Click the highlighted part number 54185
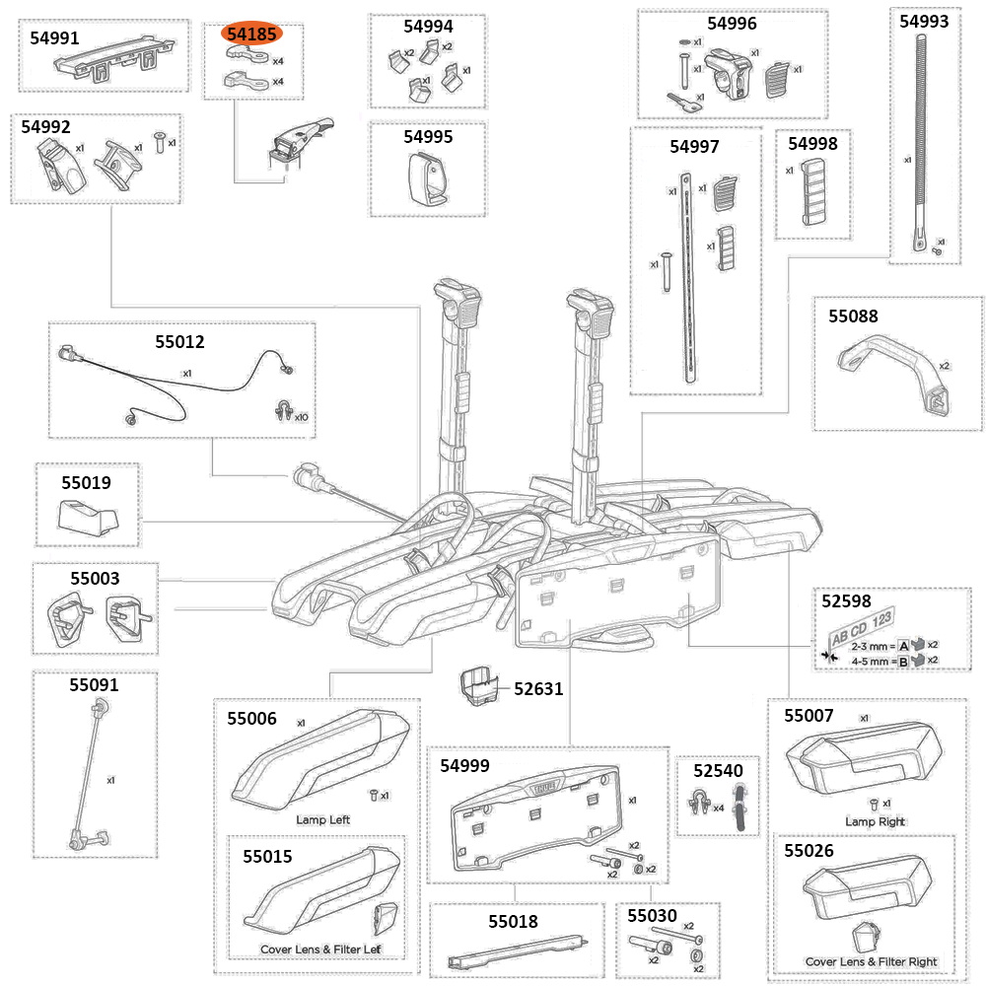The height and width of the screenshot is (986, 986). pos(253,35)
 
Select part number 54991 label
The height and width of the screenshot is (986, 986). pos(55,38)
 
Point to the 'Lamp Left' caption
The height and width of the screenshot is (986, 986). pos(322,819)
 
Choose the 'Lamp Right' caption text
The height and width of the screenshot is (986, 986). pos(875,821)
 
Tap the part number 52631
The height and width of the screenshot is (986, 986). pos(538,688)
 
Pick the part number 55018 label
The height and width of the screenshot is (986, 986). pos(513,922)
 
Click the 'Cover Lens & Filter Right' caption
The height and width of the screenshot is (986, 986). pos(871,961)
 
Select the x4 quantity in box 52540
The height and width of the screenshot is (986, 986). pos(718,808)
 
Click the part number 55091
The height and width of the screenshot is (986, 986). pos(94,684)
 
